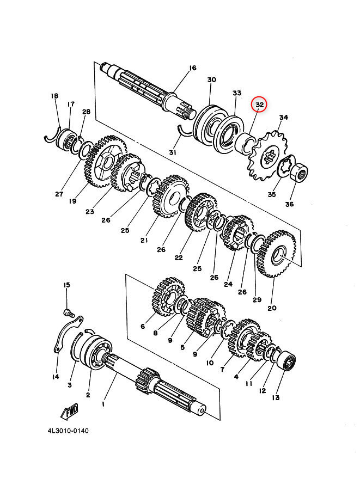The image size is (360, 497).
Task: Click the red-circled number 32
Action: pos(259,105)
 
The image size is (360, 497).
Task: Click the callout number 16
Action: pos(192,68)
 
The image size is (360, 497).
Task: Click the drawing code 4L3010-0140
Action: pos(68,431)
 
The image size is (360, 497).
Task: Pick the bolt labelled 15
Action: pos(68,312)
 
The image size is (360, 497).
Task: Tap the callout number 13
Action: pos(276,398)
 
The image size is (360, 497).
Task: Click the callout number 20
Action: pos(272,308)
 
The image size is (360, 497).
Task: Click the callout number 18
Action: pos(54,96)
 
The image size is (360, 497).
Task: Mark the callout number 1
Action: pos(103,404)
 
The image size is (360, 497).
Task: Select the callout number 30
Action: pos(211,80)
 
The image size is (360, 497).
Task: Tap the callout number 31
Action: pos(173,153)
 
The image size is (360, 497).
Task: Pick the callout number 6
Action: pos(143,326)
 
